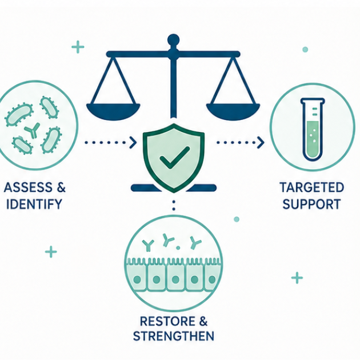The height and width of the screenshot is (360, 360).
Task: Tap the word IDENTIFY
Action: click(x=34, y=204)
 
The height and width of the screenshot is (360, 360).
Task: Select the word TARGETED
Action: click(x=312, y=187)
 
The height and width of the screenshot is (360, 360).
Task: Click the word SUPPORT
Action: click(x=311, y=204)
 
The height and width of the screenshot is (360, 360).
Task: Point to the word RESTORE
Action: click(x=165, y=321)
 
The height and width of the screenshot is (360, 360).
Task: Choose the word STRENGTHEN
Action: click(x=174, y=336)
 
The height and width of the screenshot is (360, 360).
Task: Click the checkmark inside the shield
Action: click(x=174, y=157)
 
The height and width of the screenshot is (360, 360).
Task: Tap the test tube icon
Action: click(x=313, y=129)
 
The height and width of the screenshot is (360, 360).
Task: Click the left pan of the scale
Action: click(x=113, y=111)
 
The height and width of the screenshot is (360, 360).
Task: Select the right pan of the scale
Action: click(x=233, y=111)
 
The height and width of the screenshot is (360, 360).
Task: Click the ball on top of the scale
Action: click(x=173, y=40)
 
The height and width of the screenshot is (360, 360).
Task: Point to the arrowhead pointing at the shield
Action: click(x=133, y=143)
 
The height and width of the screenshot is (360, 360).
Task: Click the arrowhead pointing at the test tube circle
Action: click(x=261, y=143)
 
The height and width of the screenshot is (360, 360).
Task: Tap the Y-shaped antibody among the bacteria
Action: click(x=33, y=131)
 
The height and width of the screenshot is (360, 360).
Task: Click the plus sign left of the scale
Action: click(x=78, y=47)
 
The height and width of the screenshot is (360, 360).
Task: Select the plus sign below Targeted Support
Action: click(x=297, y=278)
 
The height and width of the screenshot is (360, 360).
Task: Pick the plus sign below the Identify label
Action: click(x=51, y=252)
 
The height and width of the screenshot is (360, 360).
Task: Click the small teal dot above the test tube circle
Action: click(x=305, y=49)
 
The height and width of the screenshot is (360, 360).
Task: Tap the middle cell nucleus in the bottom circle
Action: click(x=175, y=279)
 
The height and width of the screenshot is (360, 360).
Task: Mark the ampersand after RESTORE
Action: click(x=203, y=321)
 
